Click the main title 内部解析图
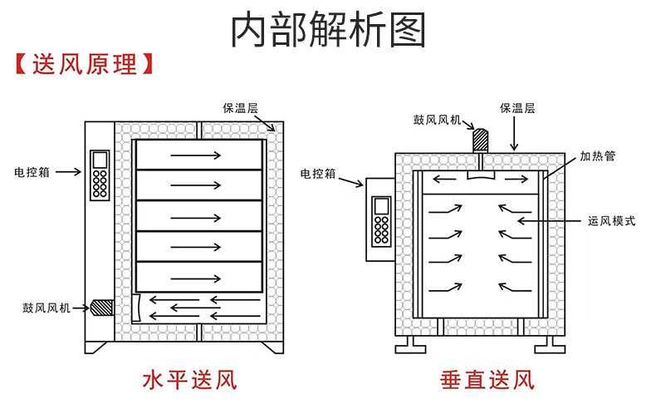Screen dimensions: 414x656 tap(328, 30)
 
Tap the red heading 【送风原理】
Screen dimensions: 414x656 tap(84, 65)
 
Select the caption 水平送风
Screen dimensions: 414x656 tap(190, 381)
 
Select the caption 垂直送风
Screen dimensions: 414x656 tap(486, 381)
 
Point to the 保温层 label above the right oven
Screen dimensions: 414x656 tap(516, 108)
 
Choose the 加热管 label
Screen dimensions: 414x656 tap(596, 155)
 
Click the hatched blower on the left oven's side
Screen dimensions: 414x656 tap(102, 307)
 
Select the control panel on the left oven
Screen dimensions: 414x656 tap(100, 175)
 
